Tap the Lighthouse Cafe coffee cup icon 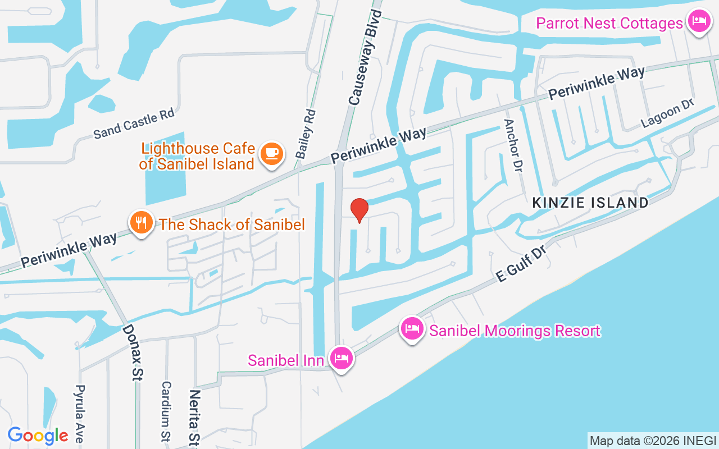(x=272, y=153)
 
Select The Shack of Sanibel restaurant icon (x=142, y=223)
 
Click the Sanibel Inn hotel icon (x=342, y=358)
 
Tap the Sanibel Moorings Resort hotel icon (x=412, y=328)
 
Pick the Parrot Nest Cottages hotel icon (x=698, y=21)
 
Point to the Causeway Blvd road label (x=365, y=57)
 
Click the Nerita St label (x=194, y=416)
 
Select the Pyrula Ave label (x=80, y=414)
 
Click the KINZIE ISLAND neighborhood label (x=590, y=203)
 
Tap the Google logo (x=38, y=435)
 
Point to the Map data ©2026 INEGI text (x=653, y=441)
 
